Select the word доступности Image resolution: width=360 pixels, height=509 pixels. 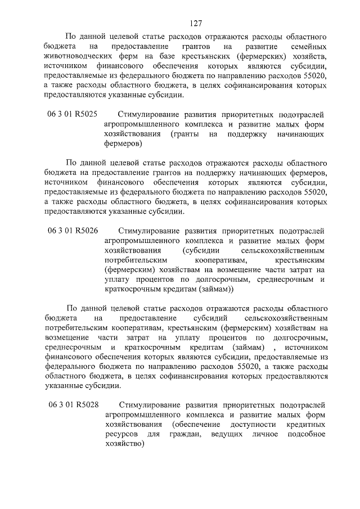click(252, 425)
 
